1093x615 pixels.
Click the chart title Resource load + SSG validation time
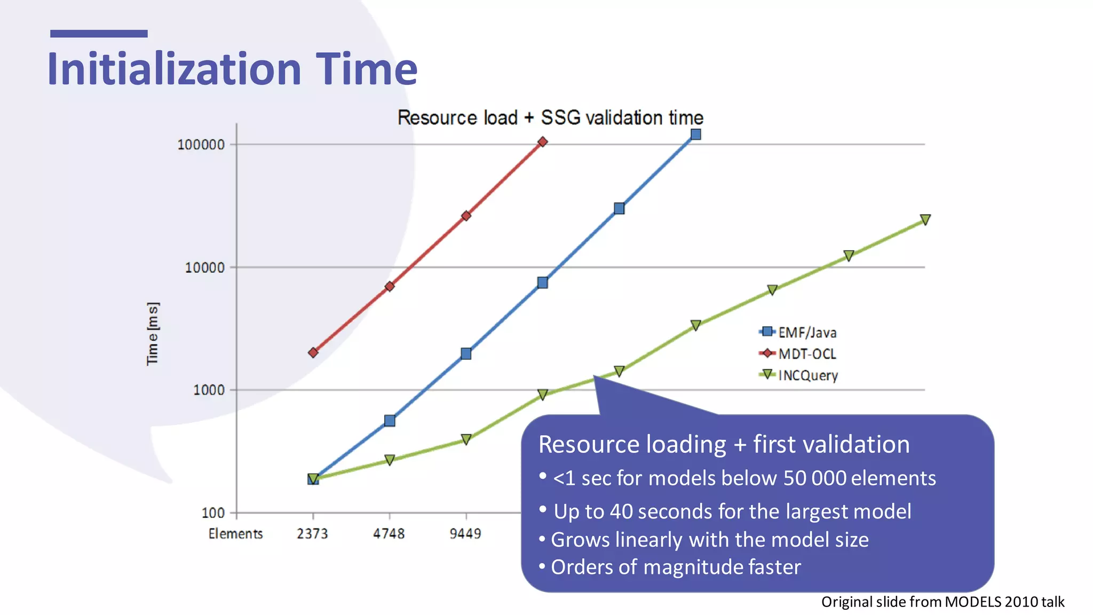(550, 117)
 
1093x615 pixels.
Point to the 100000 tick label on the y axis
(201, 145)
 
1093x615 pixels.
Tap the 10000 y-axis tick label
(204, 267)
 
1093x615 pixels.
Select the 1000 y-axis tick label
(208, 390)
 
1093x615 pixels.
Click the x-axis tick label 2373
(312, 533)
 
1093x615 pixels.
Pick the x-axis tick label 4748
(389, 533)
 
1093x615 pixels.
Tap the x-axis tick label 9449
(465, 533)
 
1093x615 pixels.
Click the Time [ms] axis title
(153, 334)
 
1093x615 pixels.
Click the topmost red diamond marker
(542, 142)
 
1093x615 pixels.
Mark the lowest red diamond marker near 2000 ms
(313, 352)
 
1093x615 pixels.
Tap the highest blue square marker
(695, 135)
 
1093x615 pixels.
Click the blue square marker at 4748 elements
(390, 421)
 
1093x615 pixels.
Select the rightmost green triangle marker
(925, 219)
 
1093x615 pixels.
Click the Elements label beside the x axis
(235, 533)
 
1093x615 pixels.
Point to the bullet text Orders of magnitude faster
(675, 567)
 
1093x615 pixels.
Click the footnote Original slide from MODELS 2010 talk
(942, 602)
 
